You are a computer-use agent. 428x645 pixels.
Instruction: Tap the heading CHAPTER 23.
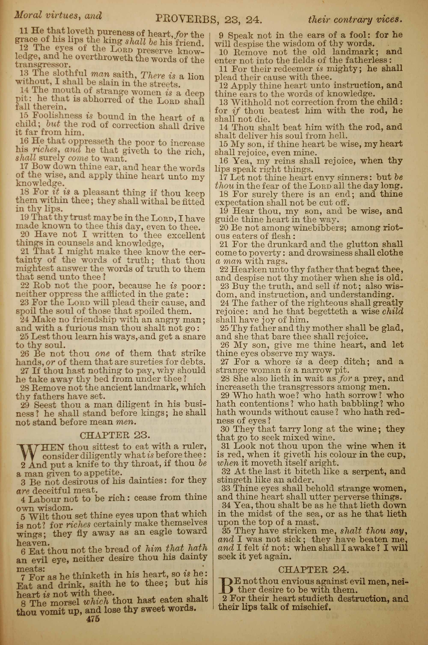pyautogui.click(x=115, y=435)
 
